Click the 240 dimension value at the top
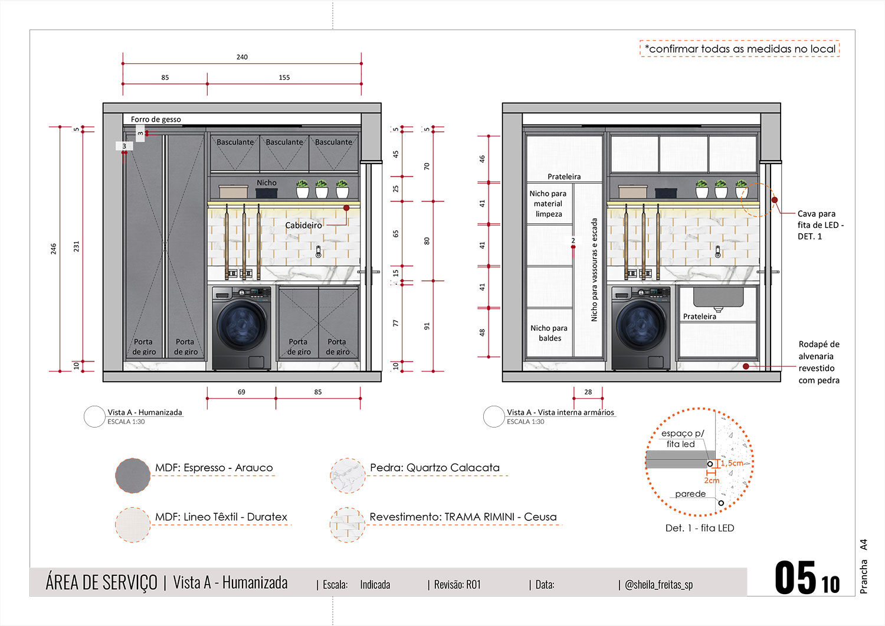coord(242,57)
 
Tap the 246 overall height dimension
coord(54,249)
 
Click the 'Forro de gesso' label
coord(156,119)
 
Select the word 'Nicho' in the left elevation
coord(266,183)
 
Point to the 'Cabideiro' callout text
coord(303,225)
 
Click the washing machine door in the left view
coord(241,324)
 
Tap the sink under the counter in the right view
coord(718,297)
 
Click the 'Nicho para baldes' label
coord(549,333)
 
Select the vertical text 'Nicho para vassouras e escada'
coord(594,270)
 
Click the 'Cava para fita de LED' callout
coord(820,225)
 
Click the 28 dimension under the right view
coord(588,392)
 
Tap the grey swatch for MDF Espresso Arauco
coord(133,475)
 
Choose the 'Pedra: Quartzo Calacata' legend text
coord(435,468)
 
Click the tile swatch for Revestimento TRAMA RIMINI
coord(348,524)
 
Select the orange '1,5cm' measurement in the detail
coord(732,463)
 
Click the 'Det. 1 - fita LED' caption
coord(700,528)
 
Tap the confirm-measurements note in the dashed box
coord(740,49)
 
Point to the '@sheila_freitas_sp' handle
coord(658,585)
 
